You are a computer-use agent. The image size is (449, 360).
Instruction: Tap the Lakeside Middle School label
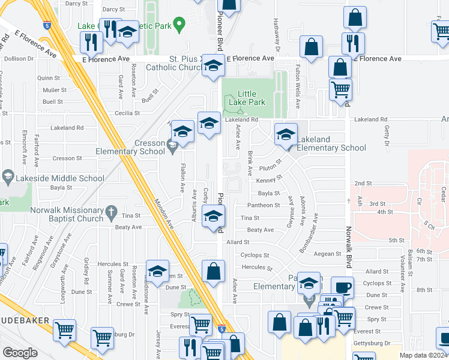click(x=53, y=178)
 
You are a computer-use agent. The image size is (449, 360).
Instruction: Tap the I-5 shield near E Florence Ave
click(x=47, y=26)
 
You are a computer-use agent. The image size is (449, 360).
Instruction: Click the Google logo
click(x=20, y=353)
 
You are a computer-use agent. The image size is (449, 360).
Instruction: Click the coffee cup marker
click(x=342, y=288)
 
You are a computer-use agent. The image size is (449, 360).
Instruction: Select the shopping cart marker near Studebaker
click(x=64, y=331)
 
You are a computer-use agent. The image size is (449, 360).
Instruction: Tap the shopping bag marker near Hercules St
click(x=213, y=271)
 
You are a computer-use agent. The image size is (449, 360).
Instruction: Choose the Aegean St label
click(x=328, y=254)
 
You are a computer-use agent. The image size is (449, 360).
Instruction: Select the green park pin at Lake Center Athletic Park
click(x=178, y=25)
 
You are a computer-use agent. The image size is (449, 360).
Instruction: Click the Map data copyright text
click(x=423, y=355)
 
